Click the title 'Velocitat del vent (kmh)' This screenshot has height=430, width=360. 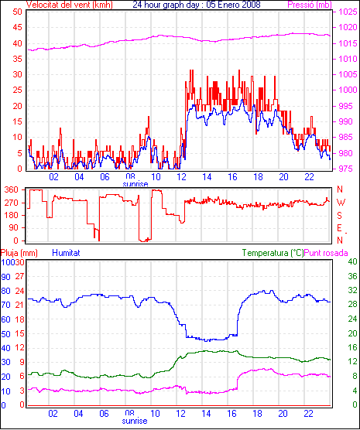pos(69,5)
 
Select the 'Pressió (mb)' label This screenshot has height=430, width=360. pos(310,5)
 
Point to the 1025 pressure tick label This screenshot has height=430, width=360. pos(348,12)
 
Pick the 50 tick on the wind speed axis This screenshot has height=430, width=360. pos(17,12)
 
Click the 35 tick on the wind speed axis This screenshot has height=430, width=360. pos(17,59)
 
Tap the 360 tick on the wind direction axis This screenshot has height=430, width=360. pos(12,189)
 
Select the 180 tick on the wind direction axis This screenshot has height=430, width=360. pos(12,216)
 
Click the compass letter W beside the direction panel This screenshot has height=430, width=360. pos(341,203)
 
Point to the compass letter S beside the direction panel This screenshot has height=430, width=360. pos(339,216)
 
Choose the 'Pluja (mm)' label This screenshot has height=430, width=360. pos(19,253)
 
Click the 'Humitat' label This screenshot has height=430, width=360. pos(66,253)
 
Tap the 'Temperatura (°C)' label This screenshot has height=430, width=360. pos(273,253)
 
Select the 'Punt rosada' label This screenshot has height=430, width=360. pos(326,253)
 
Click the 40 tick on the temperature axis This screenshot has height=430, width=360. pos(352,261)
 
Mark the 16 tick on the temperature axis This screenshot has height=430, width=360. pos(352,347)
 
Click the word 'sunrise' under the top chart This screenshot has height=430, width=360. pos(135,184)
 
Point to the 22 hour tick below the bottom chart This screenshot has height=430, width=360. pos(309,413)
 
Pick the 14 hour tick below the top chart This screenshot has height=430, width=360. pos(207,177)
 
